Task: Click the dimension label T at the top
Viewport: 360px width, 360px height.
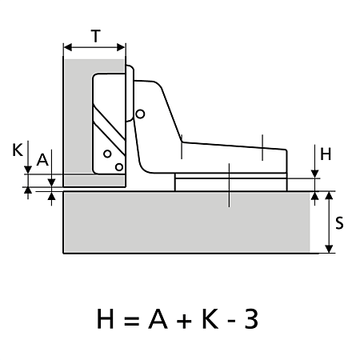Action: pos(96,36)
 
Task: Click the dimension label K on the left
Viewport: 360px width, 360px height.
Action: pos(18,150)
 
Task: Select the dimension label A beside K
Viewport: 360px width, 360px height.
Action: pos(42,160)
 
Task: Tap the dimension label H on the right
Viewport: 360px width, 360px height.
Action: pos(326,154)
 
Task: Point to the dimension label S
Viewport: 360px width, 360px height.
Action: pos(339,223)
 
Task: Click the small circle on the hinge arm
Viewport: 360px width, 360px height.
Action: pos(140,114)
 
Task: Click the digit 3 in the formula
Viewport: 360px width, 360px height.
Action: pos(251,319)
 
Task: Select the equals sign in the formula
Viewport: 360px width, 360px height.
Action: pos(131,320)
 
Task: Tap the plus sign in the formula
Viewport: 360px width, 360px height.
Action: pos(184,320)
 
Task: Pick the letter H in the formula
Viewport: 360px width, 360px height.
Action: pos(105,319)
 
